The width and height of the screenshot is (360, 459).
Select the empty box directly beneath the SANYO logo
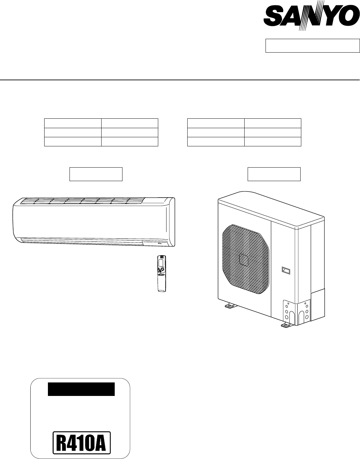tap(312, 46)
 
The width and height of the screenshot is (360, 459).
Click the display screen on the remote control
tap(162, 262)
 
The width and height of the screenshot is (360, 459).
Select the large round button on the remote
tap(162, 269)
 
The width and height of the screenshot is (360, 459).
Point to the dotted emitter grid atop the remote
tap(162, 257)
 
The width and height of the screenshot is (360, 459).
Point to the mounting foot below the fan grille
tap(229, 306)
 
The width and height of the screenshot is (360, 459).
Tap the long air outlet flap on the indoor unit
tap(81, 240)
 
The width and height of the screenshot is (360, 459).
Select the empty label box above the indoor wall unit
tap(96, 174)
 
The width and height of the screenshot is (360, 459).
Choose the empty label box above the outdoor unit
tap(274, 174)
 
